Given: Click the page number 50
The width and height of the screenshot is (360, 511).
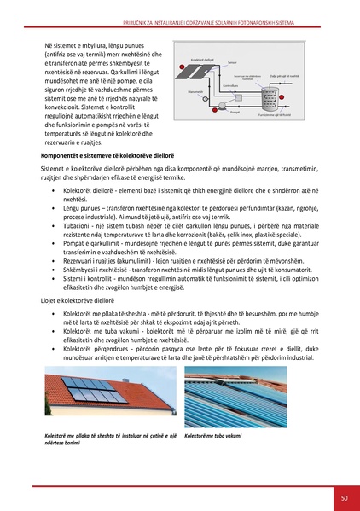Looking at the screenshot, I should (343, 497).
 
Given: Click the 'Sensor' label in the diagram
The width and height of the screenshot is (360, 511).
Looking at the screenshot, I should (232, 62).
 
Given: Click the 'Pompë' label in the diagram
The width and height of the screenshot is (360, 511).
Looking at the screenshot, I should (235, 112).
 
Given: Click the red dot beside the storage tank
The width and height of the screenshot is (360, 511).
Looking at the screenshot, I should (282, 97).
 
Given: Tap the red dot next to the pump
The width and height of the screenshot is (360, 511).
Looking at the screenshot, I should (215, 110).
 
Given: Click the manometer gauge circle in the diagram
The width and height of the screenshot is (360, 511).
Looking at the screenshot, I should (206, 99).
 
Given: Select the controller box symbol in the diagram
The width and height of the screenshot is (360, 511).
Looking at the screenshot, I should (238, 97).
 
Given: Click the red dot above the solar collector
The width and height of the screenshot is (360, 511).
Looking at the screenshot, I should (182, 67).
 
